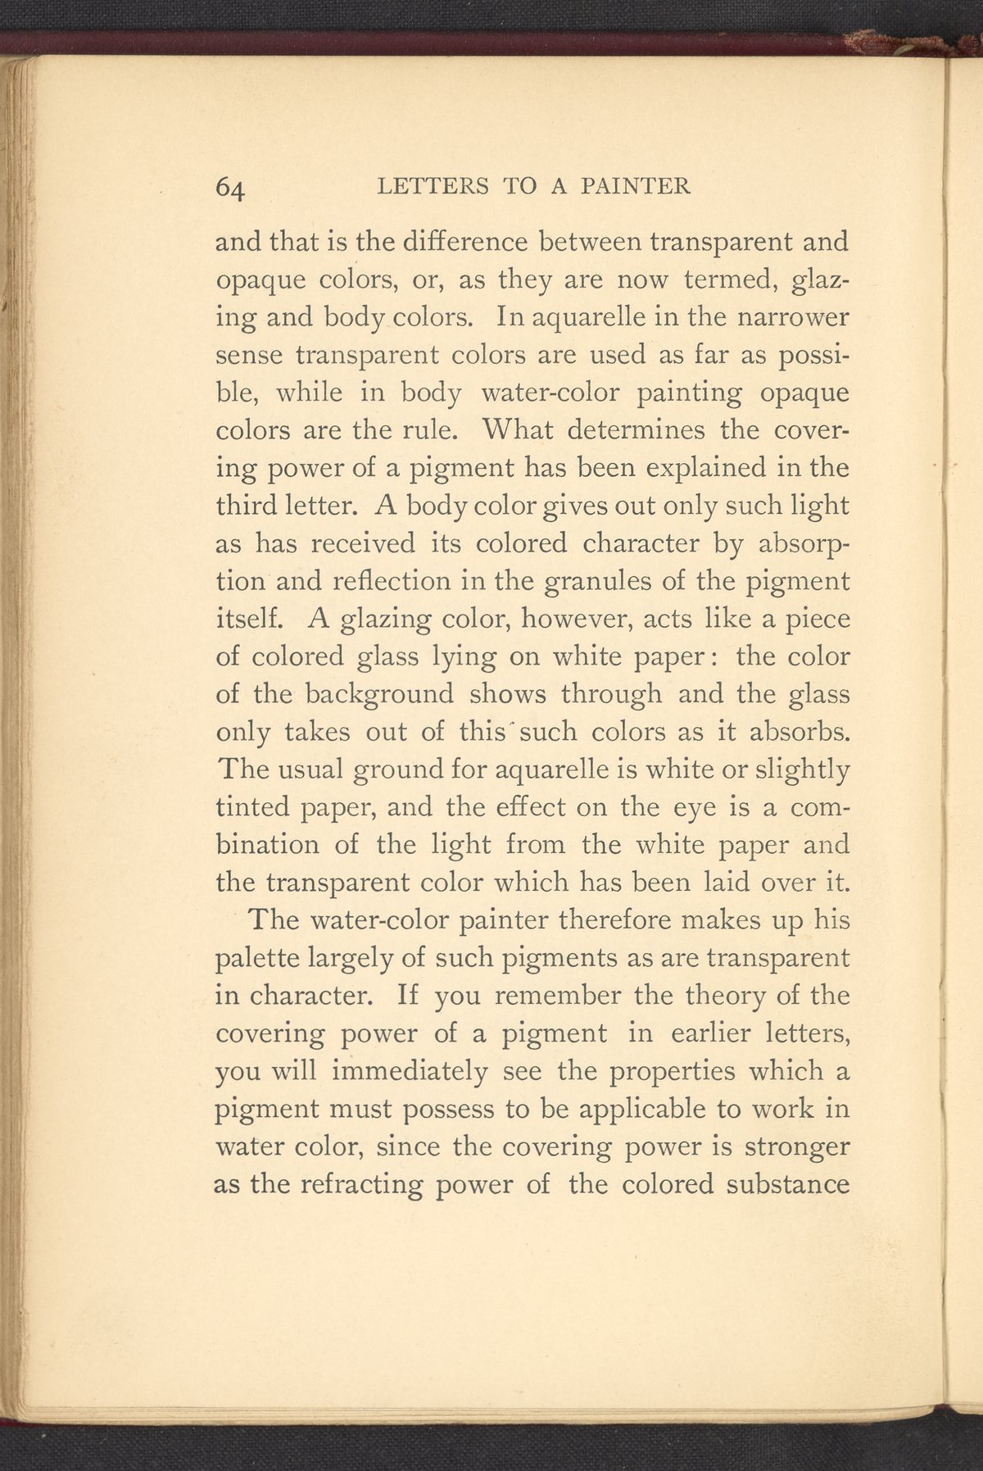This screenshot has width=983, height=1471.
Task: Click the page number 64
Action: (x=230, y=188)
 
